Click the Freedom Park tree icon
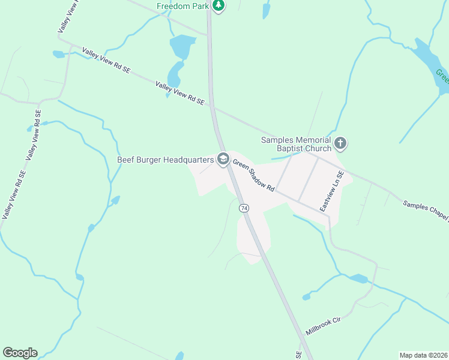pyautogui.click(x=219, y=6)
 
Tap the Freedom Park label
pyautogui.click(x=181, y=7)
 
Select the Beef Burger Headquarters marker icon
pyautogui.click(x=223, y=159)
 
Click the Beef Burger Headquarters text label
pyautogui.click(x=165, y=160)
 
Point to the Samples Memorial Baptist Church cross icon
pyautogui.click(x=340, y=143)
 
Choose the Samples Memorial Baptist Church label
pyautogui.click(x=296, y=144)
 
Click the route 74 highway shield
pyautogui.click(x=244, y=208)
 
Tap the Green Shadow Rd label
pyautogui.click(x=253, y=175)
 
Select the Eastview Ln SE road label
pyautogui.click(x=331, y=191)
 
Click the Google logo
pyautogui.click(x=20, y=353)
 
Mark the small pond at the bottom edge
pyautogui.click(x=179, y=356)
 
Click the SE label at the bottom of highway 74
pyautogui.click(x=298, y=355)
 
